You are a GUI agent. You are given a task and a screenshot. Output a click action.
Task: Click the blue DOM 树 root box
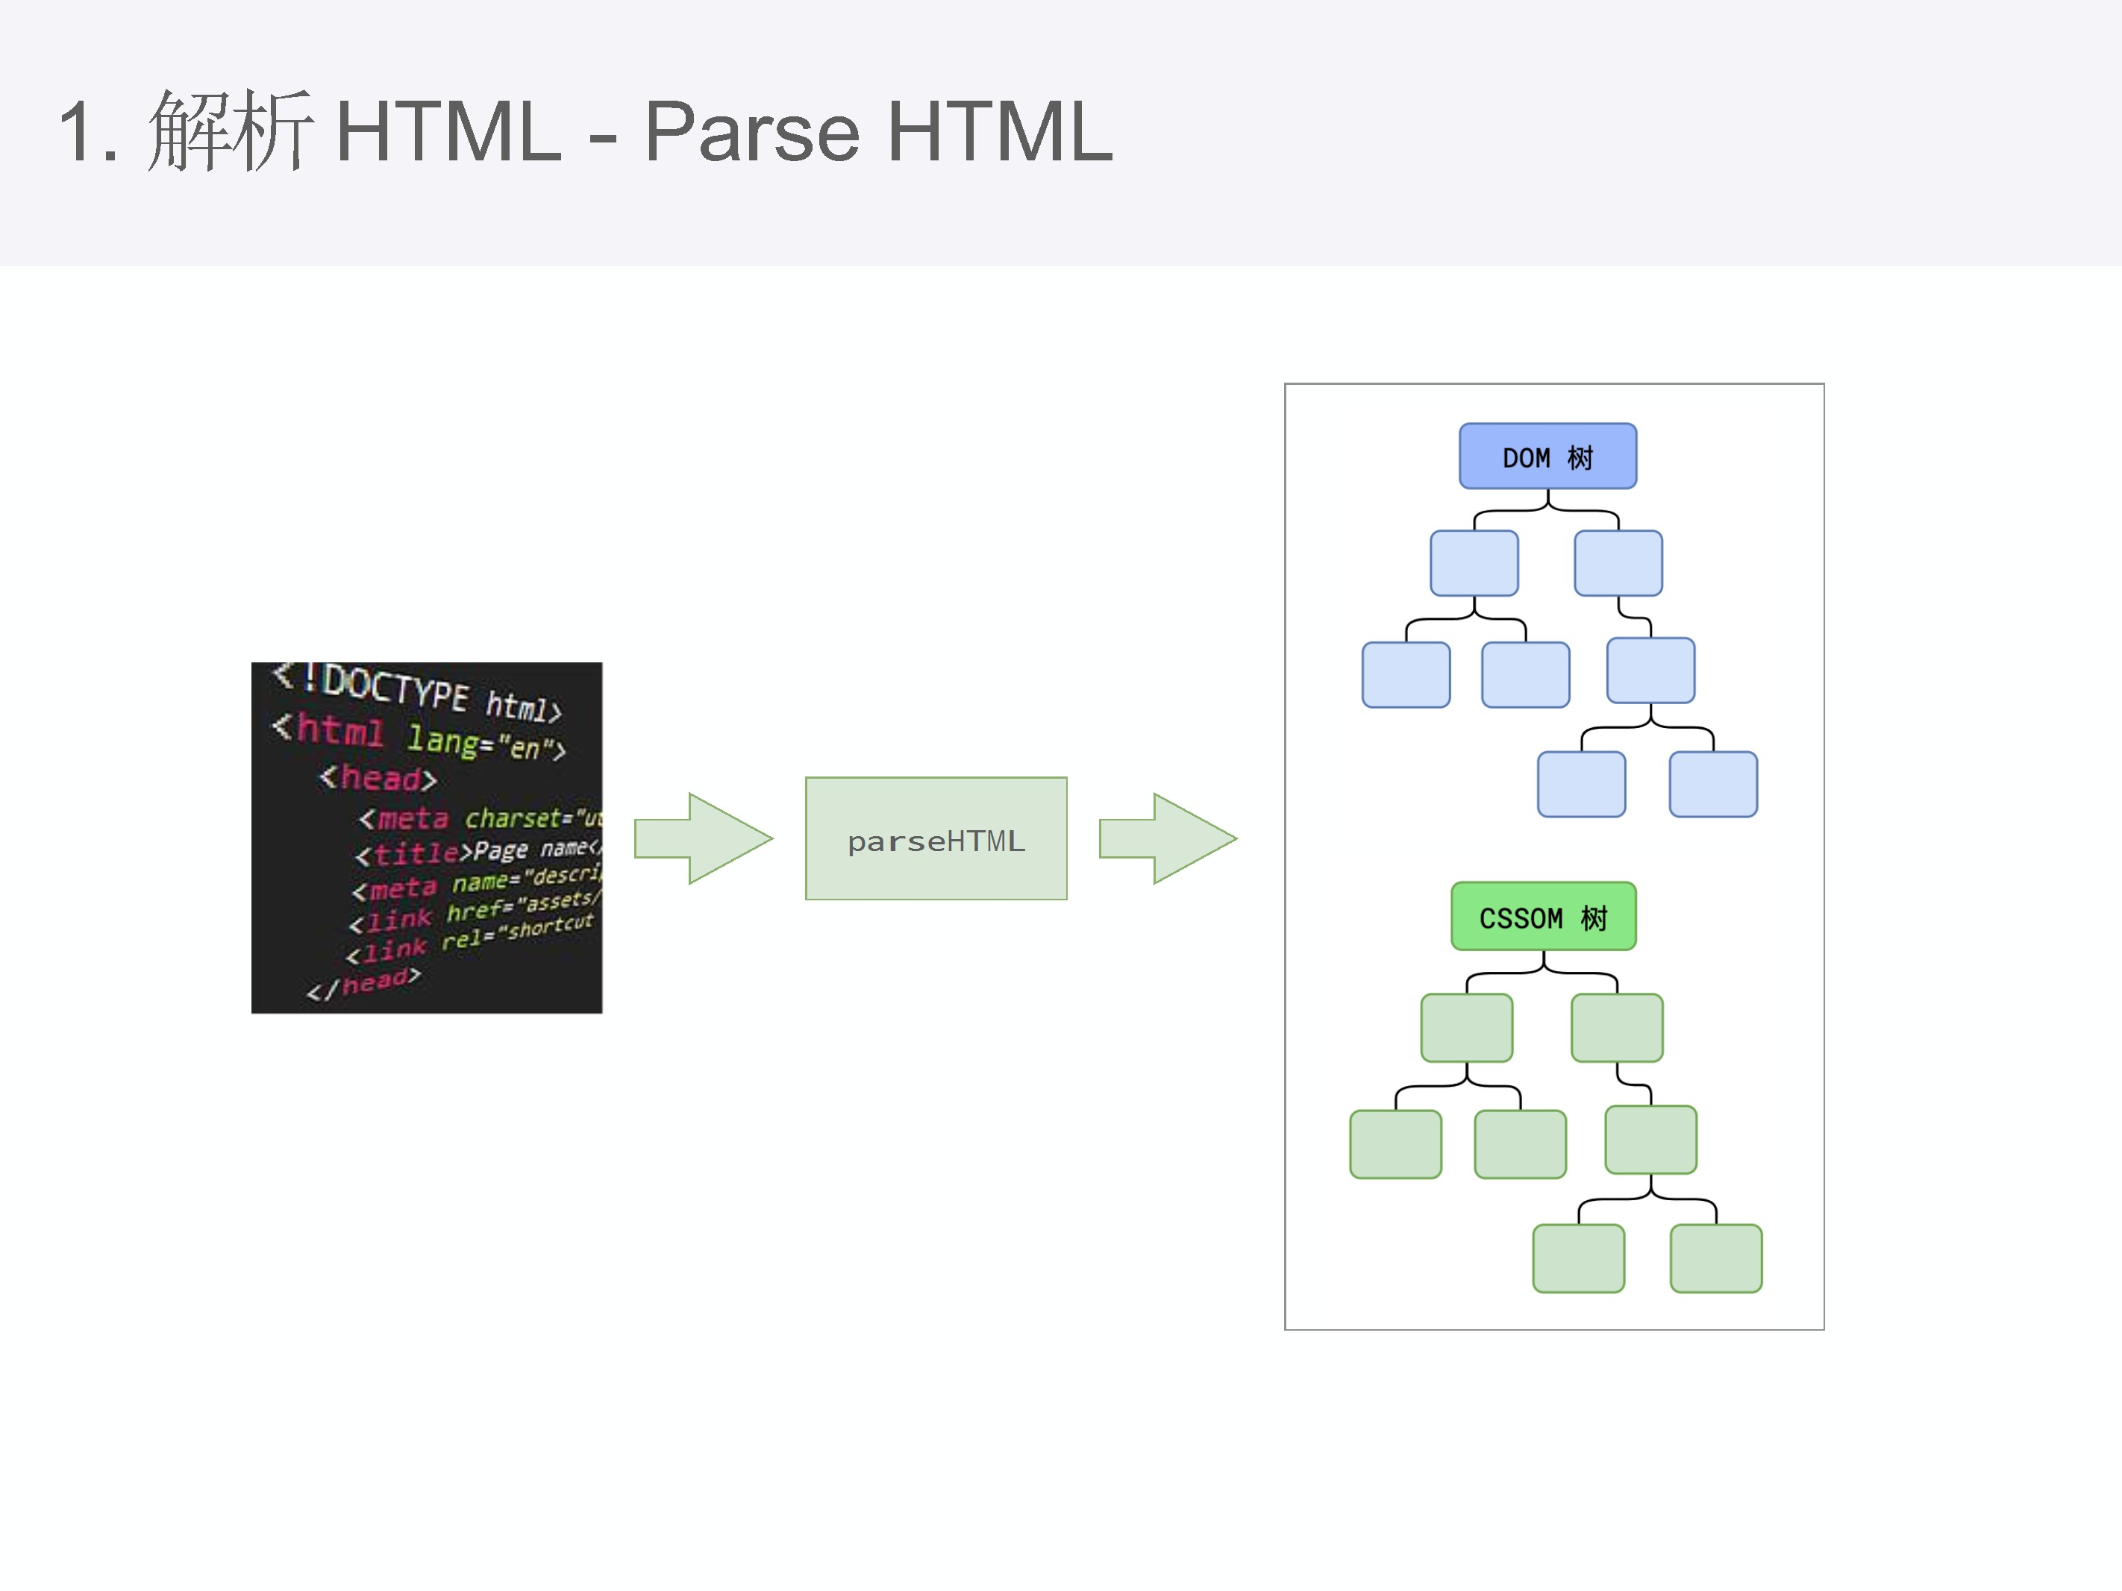click(1547, 456)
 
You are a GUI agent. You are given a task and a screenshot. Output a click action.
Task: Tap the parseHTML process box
click(936, 838)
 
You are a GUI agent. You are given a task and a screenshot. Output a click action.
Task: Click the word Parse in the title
click(752, 131)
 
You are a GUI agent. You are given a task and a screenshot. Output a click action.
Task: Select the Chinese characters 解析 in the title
click(231, 131)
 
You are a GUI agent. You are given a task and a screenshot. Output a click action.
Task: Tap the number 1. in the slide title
click(88, 131)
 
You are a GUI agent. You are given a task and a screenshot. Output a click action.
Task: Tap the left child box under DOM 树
click(1474, 563)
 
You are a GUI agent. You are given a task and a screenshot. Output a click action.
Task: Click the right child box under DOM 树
click(1618, 563)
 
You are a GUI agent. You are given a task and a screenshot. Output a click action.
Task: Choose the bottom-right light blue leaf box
click(1712, 785)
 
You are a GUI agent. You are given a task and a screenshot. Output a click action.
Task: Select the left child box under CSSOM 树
click(1466, 1028)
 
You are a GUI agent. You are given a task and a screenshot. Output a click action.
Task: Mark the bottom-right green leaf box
click(1715, 1258)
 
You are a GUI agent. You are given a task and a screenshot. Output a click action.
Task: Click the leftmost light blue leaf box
click(1406, 675)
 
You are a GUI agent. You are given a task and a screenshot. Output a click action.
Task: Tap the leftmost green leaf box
click(1395, 1144)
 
